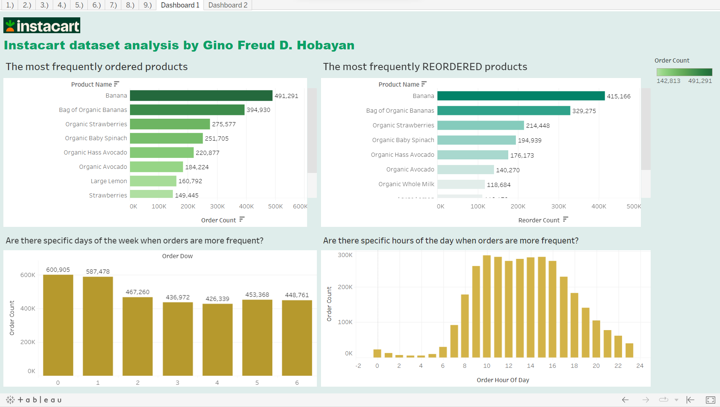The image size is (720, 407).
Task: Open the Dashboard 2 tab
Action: (228, 5)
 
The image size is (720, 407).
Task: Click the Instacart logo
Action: (42, 26)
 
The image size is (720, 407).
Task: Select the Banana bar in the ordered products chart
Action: (201, 96)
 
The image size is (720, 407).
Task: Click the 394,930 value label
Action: (258, 110)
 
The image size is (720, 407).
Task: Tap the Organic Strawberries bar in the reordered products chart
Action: (480, 125)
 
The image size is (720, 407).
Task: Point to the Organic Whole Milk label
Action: (406, 184)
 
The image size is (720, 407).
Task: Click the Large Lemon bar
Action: (153, 181)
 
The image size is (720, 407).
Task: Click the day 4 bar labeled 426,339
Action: (217, 339)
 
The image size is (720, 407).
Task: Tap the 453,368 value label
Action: (257, 295)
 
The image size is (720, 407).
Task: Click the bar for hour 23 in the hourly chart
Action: (629, 350)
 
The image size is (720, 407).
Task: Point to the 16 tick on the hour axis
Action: (552, 366)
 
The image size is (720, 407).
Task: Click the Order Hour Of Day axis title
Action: (503, 380)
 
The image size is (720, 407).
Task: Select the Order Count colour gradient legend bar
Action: (684, 72)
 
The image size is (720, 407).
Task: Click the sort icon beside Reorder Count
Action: (565, 219)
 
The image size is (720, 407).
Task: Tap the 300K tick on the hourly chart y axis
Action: (345, 255)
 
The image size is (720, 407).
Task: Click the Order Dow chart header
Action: (177, 256)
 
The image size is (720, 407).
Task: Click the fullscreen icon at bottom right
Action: (710, 400)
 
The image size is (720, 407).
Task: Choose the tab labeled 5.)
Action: (79, 5)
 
